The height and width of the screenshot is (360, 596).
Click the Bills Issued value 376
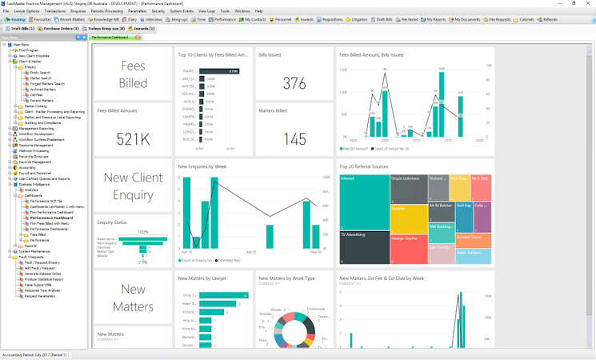tap(294, 83)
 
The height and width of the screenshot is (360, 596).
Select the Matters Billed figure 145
tap(294, 139)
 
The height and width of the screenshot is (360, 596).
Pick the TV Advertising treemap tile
tap(364, 248)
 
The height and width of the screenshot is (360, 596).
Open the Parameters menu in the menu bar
tap(137, 11)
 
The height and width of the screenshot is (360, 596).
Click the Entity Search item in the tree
tap(40, 72)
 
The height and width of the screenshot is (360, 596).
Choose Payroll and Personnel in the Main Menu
tap(35, 173)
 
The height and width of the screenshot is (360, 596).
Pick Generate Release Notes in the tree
tap(45, 272)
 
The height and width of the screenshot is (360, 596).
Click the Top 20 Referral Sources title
tap(365, 166)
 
